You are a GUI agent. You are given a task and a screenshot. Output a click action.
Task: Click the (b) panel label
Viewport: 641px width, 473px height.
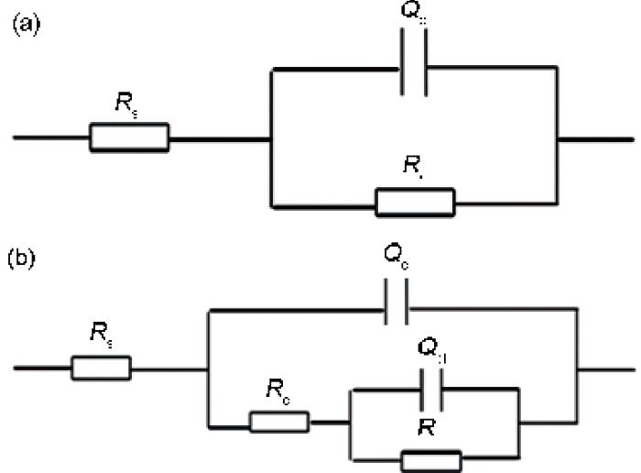[25, 258]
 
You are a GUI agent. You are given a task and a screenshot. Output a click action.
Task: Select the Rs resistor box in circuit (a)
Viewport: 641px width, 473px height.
[129, 138]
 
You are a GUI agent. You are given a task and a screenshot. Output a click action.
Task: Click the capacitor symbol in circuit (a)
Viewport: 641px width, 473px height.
[415, 67]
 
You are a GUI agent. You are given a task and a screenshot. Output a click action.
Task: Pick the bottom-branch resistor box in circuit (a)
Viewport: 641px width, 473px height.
[415, 201]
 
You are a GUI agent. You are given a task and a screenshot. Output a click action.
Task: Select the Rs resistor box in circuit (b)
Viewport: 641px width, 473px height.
[101, 369]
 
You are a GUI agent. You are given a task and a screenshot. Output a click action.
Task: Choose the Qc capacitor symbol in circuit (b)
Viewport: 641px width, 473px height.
[396, 312]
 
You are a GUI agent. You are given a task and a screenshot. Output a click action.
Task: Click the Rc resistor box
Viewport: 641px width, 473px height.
[279, 423]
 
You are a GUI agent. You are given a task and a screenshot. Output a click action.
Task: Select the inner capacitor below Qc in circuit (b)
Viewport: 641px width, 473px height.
[430, 390]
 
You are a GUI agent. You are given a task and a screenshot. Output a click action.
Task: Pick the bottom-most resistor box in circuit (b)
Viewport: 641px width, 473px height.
[431, 458]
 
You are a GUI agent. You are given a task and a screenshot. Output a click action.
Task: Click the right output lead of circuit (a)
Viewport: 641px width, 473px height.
[595, 139]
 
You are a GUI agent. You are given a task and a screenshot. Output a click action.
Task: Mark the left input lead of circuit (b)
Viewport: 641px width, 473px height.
[41, 369]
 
